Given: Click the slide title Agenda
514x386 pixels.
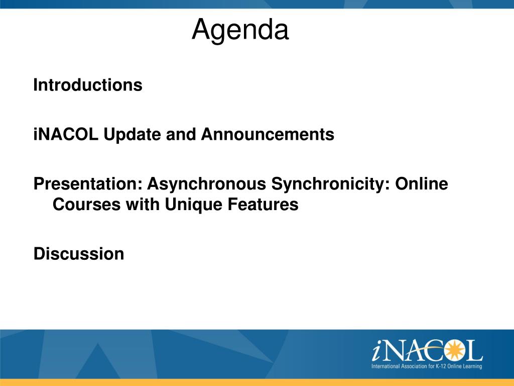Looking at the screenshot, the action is [x=240, y=30].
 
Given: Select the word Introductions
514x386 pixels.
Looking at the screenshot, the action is [x=88, y=85].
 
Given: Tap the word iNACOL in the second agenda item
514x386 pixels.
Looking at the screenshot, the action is [x=66, y=134].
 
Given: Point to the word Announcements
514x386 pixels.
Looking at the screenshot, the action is [x=268, y=134].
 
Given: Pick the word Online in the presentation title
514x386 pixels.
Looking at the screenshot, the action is [x=422, y=183].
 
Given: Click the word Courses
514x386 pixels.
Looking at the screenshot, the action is [x=86, y=204].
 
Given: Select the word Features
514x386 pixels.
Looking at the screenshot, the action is [x=263, y=204].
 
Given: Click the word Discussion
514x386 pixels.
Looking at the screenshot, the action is [x=79, y=254].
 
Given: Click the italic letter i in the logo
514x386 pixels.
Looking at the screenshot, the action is [x=377, y=351].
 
